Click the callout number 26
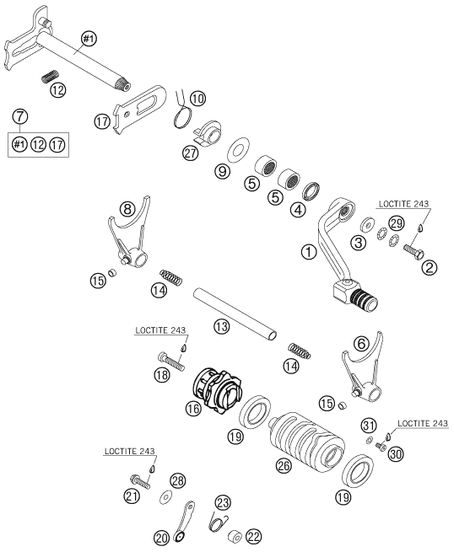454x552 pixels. pyautogui.click(x=284, y=465)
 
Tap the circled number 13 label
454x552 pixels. pyautogui.click(x=221, y=327)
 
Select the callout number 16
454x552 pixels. pyautogui.click(x=194, y=408)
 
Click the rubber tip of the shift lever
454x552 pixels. pyautogui.click(x=365, y=299)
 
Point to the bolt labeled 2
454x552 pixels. pyautogui.click(x=413, y=252)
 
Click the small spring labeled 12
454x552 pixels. pyautogui.click(x=51, y=77)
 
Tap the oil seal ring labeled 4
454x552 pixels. pyautogui.click(x=311, y=190)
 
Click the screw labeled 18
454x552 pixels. pyautogui.click(x=171, y=362)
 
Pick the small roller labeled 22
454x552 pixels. pyautogui.click(x=235, y=537)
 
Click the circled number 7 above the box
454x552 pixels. pyautogui.click(x=19, y=115)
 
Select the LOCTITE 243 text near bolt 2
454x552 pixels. pyautogui.click(x=403, y=204)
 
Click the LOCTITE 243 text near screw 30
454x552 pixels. pyautogui.click(x=423, y=423)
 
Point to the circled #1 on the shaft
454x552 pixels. pyautogui.click(x=89, y=39)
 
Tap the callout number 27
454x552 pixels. pyautogui.click(x=190, y=154)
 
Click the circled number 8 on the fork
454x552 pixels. pyautogui.click(x=127, y=209)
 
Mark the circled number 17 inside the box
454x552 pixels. pyautogui.click(x=57, y=144)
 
